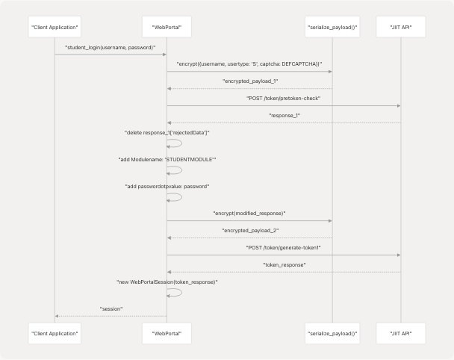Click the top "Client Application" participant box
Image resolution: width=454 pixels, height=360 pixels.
pyautogui.click(x=55, y=28)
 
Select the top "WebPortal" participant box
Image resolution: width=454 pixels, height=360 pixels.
pyautogui.click(x=167, y=28)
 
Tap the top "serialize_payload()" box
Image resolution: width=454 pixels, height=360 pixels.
pyautogui.click(x=332, y=28)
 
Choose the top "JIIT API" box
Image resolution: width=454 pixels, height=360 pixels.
pyautogui.click(x=401, y=28)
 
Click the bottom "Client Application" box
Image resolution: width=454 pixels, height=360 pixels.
pyautogui.click(x=55, y=332)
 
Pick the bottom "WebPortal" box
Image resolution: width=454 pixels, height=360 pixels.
pyautogui.click(x=167, y=332)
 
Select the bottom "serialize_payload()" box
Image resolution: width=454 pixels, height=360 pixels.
pyautogui.click(x=332, y=332)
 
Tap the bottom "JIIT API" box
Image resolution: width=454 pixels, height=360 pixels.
pyautogui.click(x=401, y=332)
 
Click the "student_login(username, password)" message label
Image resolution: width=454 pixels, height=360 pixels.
pyautogui.click(x=111, y=47)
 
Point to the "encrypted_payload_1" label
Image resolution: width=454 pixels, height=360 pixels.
pyautogui.click(x=249, y=81)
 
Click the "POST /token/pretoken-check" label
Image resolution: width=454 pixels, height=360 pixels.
pyautogui.click(x=283, y=98)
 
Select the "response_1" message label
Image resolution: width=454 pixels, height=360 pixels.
pyautogui.click(x=283, y=115)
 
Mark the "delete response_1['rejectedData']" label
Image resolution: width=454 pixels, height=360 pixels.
pyautogui.click(x=167, y=132)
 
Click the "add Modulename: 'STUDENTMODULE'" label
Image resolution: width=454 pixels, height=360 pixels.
pyautogui.click(x=167, y=159)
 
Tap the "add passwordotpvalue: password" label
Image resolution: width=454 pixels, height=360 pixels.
pyautogui.click(x=167, y=186)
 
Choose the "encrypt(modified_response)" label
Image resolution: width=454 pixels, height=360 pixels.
pyautogui.click(x=249, y=214)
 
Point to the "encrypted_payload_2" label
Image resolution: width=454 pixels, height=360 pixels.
pyautogui.click(x=249, y=230)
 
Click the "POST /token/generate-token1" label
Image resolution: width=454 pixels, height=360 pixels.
pyautogui.click(x=283, y=247)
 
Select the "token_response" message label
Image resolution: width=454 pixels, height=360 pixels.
pyautogui.click(x=283, y=264)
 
